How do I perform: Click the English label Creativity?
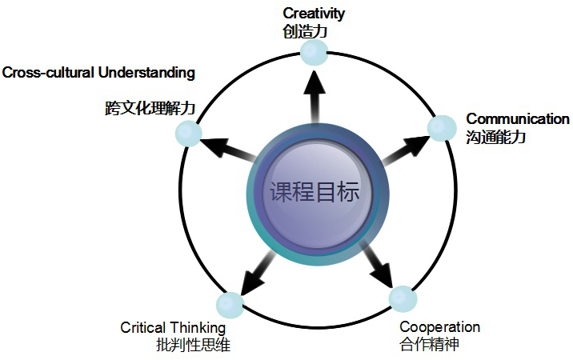[x=315, y=13]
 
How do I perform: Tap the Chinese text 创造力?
[x=306, y=31]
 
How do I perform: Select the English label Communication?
[x=518, y=119]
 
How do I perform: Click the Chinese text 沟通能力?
[x=495, y=137]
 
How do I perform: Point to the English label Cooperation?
[x=439, y=327]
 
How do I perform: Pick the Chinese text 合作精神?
[x=429, y=345]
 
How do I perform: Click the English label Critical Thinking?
[x=173, y=328]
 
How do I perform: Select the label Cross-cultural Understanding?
[x=98, y=73]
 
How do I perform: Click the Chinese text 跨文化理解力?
[x=150, y=108]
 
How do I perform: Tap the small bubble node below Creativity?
[x=314, y=53]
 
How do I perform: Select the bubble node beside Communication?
[x=441, y=128]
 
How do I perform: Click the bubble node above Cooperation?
[x=403, y=298]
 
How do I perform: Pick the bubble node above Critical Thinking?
[x=230, y=305]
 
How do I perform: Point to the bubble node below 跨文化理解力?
[x=188, y=134]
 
